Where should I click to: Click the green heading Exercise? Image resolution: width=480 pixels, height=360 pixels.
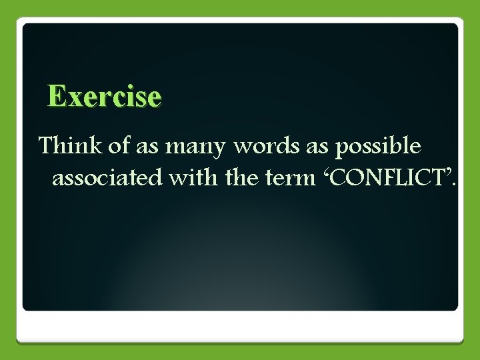(105, 97)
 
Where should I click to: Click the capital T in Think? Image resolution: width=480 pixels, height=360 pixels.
(45, 145)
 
